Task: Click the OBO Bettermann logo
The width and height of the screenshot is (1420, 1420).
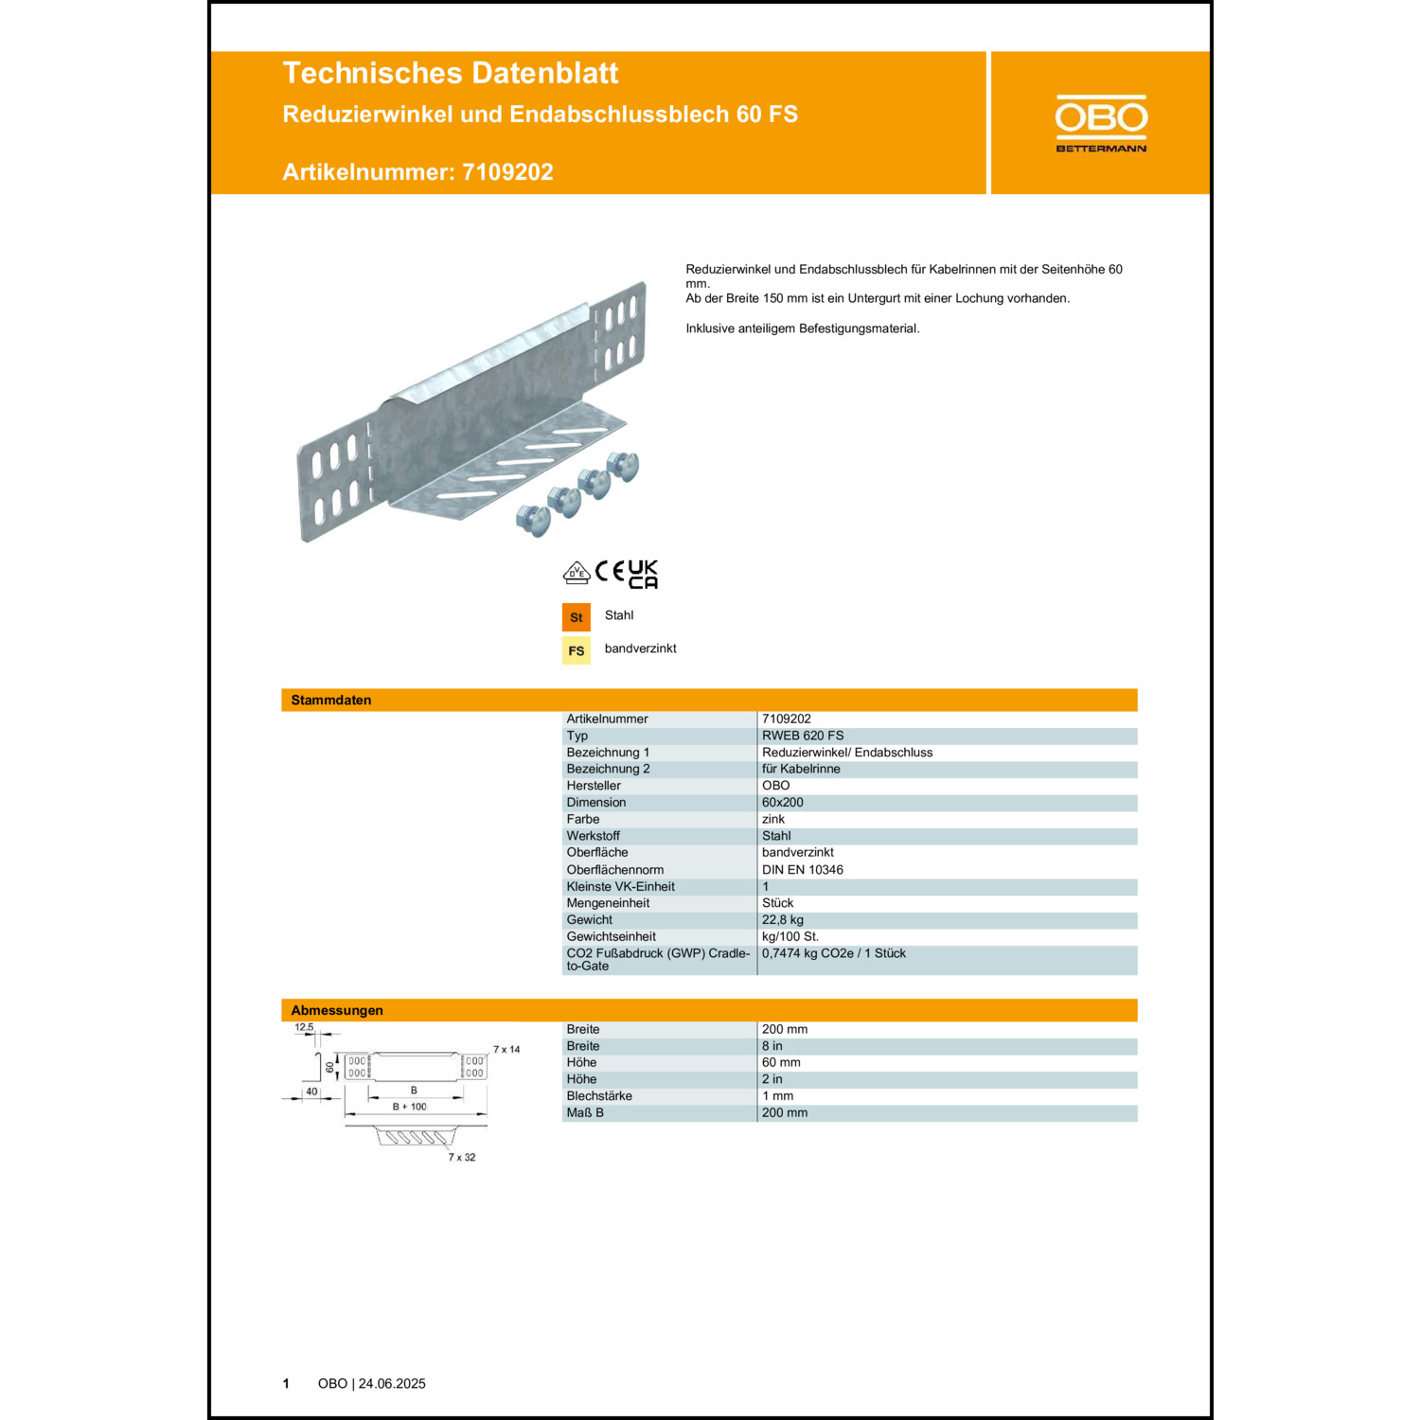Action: click(1101, 123)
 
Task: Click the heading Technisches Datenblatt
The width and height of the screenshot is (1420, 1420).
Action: click(450, 73)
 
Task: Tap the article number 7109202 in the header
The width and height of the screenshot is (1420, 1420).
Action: click(507, 172)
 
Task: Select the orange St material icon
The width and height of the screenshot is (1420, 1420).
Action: click(576, 617)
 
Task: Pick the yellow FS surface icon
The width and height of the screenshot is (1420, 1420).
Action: click(576, 650)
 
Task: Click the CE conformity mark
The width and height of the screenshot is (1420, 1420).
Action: click(610, 571)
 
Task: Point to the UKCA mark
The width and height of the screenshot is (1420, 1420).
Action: click(643, 574)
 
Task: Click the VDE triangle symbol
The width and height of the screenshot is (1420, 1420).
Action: click(577, 573)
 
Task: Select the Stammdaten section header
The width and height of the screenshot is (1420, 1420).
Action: click(331, 701)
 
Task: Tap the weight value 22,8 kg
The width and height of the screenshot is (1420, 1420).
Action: click(783, 920)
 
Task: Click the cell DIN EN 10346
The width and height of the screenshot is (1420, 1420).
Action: click(803, 870)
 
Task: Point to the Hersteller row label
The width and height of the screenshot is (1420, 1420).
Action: click(594, 786)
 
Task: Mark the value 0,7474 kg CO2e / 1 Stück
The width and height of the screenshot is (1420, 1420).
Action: click(834, 953)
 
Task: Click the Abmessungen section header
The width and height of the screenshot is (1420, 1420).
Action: click(337, 1011)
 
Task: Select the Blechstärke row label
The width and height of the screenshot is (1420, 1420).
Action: click(599, 1096)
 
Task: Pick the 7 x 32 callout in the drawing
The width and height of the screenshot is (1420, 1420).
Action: click(462, 1158)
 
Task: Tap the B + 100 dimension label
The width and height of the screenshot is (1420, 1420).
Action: click(410, 1107)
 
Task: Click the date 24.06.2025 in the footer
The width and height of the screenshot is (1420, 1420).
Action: click(392, 1384)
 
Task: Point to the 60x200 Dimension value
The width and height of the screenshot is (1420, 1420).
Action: click(783, 803)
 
